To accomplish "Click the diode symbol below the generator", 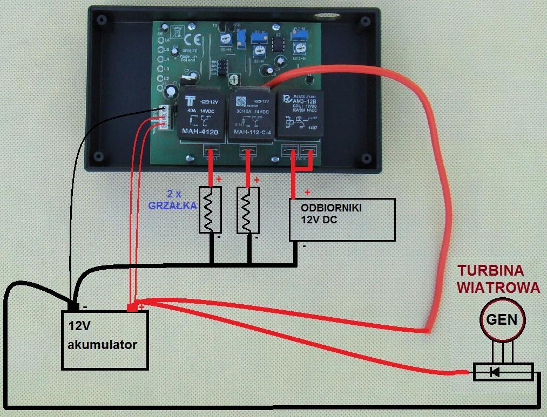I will [495, 372].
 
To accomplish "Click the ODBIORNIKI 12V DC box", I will [342, 219].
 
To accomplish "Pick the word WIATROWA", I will [498, 287].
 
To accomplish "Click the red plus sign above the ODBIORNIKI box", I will [308, 192].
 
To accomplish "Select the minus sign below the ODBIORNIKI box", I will [305, 246].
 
